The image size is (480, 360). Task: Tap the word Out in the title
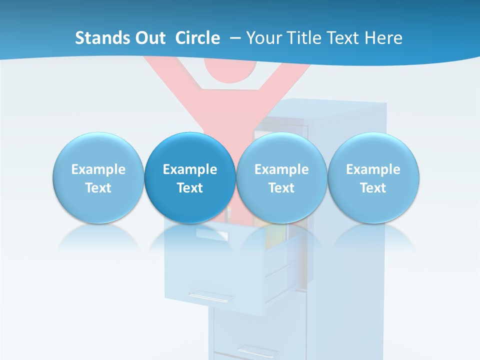(x=149, y=38)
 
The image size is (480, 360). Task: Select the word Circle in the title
(x=197, y=38)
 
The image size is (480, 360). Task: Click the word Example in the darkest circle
(x=190, y=169)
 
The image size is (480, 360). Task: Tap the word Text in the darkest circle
(x=190, y=188)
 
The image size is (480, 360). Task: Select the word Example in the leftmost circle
(x=98, y=169)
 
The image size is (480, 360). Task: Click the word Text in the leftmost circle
(x=98, y=188)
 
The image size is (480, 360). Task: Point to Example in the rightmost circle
(x=373, y=169)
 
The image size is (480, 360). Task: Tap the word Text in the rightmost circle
(x=373, y=188)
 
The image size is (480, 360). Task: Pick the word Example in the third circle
(x=281, y=169)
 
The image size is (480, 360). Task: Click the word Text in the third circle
(x=281, y=188)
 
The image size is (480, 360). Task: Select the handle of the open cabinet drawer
(x=210, y=296)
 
